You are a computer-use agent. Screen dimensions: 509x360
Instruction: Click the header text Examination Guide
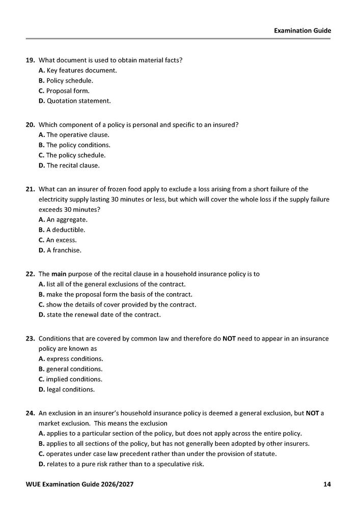tap(302, 31)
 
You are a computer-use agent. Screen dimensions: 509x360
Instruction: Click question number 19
tap(30, 60)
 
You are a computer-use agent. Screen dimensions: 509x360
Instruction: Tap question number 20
tap(30, 125)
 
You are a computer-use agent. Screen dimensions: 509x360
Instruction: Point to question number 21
tap(30, 189)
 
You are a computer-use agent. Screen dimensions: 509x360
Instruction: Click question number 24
tap(30, 413)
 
